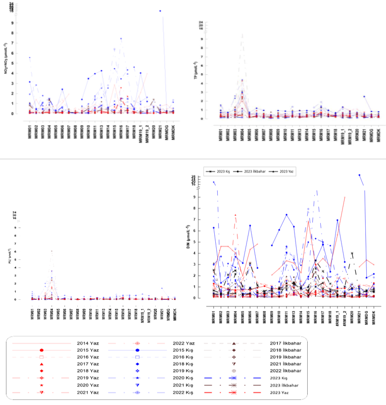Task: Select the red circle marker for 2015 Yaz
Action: (42, 350)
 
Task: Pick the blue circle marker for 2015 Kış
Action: (137, 350)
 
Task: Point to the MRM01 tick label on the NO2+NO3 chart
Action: (30, 129)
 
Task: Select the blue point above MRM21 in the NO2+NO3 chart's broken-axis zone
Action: (160, 11)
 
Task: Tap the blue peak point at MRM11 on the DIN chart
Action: (286, 215)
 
